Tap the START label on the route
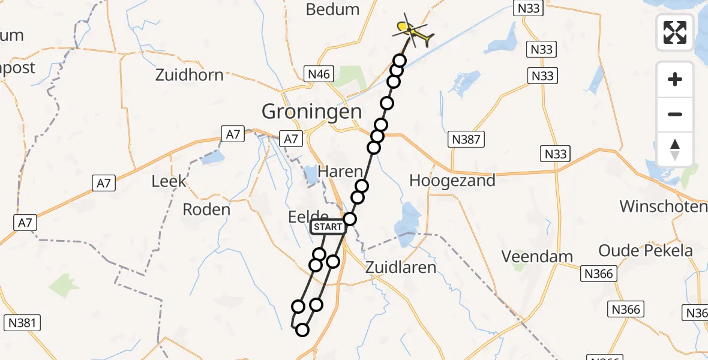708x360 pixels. pyautogui.click(x=328, y=227)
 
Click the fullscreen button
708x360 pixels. pyautogui.click(x=675, y=32)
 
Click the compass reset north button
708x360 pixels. pyautogui.click(x=675, y=149)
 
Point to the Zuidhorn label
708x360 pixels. pyautogui.click(x=189, y=76)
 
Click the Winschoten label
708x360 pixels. pyautogui.click(x=663, y=207)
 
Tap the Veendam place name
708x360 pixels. pyautogui.click(x=538, y=257)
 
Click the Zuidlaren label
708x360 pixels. pyautogui.click(x=401, y=267)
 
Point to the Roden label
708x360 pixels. pyautogui.click(x=206, y=209)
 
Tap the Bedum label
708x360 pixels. pyautogui.click(x=332, y=10)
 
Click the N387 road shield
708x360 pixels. pyautogui.click(x=466, y=140)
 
